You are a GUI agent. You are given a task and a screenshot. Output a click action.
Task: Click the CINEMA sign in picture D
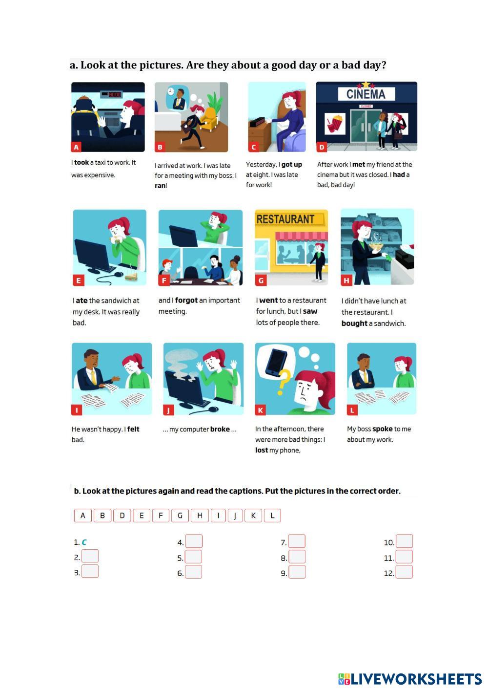click(366, 94)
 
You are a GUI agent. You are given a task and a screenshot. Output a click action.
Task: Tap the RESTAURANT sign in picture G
click(286, 219)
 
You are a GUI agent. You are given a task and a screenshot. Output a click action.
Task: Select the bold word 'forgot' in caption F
click(186, 300)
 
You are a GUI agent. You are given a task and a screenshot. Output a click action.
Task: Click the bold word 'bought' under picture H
click(354, 324)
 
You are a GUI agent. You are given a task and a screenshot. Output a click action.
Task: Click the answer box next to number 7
click(297, 541)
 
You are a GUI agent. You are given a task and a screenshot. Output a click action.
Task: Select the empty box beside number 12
click(404, 572)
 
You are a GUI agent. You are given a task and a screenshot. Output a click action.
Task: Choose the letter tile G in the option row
click(180, 516)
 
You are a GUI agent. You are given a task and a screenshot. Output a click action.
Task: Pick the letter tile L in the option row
click(272, 516)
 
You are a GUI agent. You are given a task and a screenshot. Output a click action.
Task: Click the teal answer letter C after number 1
click(84, 542)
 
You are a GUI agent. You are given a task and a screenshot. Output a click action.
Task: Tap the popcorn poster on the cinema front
click(335, 123)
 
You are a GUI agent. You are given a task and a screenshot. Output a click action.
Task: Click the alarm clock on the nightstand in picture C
click(258, 122)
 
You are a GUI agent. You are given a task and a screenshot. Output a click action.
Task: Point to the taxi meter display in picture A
click(112, 94)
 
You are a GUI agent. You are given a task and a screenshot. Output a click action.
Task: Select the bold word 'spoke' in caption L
click(382, 429)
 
